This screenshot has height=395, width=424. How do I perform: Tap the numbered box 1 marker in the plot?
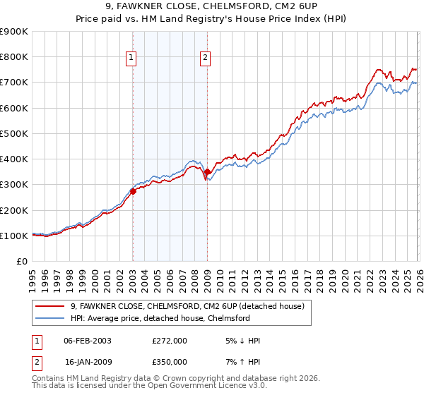tap(132, 59)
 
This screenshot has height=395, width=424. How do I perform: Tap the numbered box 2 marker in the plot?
tap(205, 59)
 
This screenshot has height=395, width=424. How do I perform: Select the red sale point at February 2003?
tap(133, 191)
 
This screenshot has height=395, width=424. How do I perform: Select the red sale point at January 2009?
tap(207, 171)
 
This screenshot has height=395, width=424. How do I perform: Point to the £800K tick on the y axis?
tap(14, 57)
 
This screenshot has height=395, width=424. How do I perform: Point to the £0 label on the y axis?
tap(21, 262)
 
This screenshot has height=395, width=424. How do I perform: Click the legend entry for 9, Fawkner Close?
tap(187, 306)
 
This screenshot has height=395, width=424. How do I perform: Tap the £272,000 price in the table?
tap(169, 341)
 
